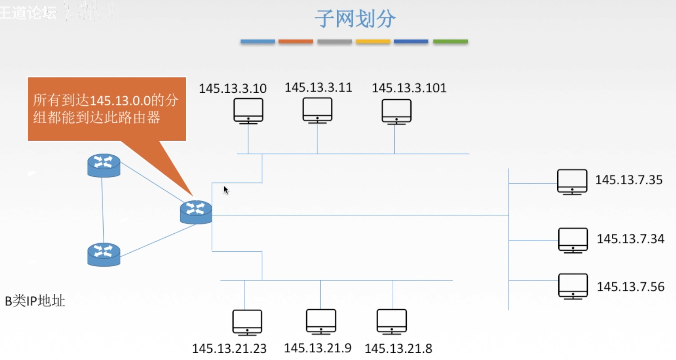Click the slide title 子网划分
point(355,19)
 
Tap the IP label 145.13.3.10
point(233,89)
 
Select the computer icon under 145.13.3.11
point(317,110)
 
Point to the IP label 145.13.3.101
point(409,88)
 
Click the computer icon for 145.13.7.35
point(572,181)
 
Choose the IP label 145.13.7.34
point(631,239)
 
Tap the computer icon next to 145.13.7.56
point(573,286)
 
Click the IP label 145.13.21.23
point(229,348)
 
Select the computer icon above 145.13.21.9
point(321,322)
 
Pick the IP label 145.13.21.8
point(399,348)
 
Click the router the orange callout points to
point(196,212)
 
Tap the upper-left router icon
point(104,165)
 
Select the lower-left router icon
point(104,254)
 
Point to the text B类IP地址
point(35,301)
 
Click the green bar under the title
point(450,42)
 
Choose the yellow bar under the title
point(373,42)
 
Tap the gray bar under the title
point(334,42)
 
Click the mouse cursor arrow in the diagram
point(226,190)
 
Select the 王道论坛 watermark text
point(28,13)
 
